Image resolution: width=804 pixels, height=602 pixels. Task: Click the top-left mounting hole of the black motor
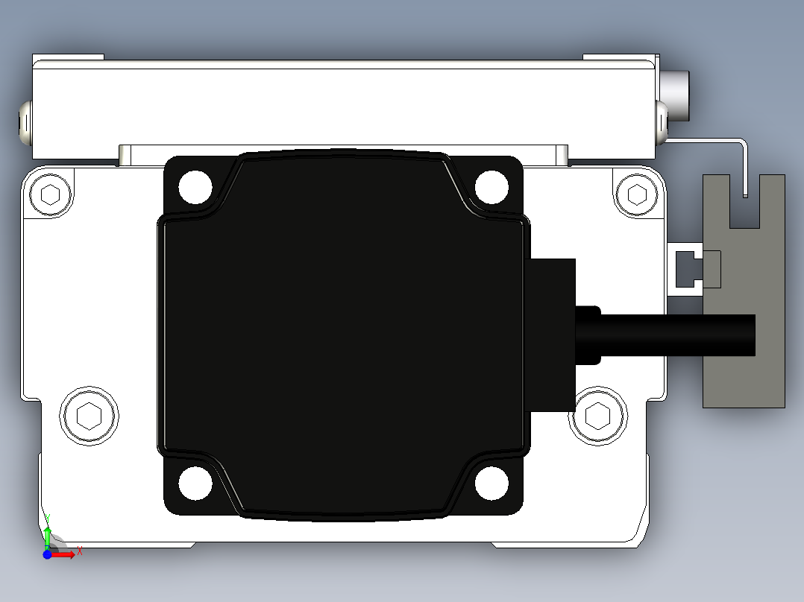pos(195,186)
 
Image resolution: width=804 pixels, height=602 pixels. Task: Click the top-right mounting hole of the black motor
pos(491,186)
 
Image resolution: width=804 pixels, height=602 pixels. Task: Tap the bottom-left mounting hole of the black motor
pos(195,484)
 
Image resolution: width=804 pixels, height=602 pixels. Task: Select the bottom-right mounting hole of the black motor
pos(491,484)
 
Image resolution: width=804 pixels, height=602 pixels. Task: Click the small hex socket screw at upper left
pos(50,195)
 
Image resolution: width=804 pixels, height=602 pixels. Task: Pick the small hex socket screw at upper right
pos(636,194)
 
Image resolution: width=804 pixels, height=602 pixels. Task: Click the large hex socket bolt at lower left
pos(89,416)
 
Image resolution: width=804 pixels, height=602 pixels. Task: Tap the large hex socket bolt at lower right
pos(597,416)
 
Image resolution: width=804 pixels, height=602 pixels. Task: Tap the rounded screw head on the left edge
pos(25,123)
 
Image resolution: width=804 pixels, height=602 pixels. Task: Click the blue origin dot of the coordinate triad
pos(47,554)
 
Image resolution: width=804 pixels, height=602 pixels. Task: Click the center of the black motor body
pos(343,335)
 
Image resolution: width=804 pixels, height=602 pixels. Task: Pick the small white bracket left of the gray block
pos(685,269)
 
